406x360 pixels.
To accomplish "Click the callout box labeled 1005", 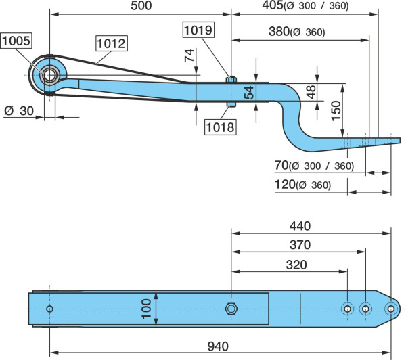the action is (16, 41).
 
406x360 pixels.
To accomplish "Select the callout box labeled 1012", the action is (112, 43).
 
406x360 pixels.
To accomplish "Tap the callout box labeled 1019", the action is (198, 30).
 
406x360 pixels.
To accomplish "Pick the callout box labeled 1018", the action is (221, 127).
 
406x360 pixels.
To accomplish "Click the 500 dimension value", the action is (141, 5).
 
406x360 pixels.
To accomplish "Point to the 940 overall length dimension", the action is (218, 346).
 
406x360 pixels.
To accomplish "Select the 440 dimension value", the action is (300, 226).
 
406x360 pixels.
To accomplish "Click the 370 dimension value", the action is (300, 245).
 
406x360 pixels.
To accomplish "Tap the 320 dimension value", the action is (296, 265).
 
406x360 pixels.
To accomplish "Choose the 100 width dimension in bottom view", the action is (147, 309).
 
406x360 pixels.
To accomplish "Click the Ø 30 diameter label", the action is (19, 111).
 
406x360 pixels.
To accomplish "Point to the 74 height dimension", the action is (189, 55).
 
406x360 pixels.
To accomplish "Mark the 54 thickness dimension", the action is (249, 93).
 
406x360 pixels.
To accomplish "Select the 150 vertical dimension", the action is (336, 111).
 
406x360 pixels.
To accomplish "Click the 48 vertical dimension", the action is (311, 92).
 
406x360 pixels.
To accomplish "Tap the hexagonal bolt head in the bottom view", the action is (231, 309).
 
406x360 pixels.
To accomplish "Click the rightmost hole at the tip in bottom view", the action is (391, 309).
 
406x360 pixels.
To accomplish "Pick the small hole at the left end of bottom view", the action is (49, 309).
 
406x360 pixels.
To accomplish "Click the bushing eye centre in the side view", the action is (49, 75).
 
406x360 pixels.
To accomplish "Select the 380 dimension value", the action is (279, 31).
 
